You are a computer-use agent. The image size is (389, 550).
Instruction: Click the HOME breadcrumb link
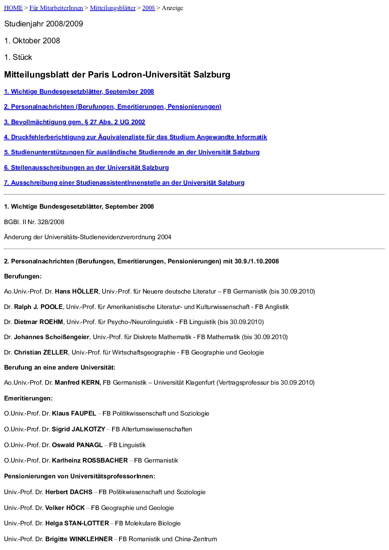click(x=13, y=8)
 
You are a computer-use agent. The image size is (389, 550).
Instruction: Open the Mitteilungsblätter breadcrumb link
click(x=113, y=8)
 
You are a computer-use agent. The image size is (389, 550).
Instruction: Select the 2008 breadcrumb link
click(x=149, y=8)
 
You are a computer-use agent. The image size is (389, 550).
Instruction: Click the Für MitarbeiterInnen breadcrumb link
click(x=56, y=8)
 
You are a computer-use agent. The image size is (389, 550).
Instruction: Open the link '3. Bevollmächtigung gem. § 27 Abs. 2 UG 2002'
click(x=75, y=122)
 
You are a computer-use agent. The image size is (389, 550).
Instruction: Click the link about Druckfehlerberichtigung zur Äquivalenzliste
click(x=135, y=137)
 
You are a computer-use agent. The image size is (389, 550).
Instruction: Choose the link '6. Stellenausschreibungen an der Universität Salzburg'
click(x=86, y=168)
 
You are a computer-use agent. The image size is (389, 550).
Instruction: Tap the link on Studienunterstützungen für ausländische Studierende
click(x=132, y=152)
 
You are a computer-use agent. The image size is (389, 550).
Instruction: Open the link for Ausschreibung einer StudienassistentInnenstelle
click(x=124, y=183)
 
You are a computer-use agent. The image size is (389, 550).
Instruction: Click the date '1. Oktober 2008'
click(x=32, y=41)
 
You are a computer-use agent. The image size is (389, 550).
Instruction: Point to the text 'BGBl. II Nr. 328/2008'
click(x=34, y=222)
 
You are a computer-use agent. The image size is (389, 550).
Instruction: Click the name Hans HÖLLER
click(x=76, y=291)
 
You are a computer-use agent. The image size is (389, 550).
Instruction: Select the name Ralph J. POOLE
click(x=38, y=307)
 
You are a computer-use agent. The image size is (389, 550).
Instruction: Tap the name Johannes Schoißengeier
click(x=51, y=337)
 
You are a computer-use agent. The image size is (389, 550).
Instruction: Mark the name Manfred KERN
click(x=78, y=382)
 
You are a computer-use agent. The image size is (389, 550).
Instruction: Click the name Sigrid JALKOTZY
click(x=79, y=429)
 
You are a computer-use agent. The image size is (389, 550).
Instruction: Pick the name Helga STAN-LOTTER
click(x=77, y=523)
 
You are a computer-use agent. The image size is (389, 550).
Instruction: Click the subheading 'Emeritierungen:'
click(x=28, y=398)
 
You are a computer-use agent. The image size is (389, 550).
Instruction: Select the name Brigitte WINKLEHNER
click(x=79, y=539)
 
